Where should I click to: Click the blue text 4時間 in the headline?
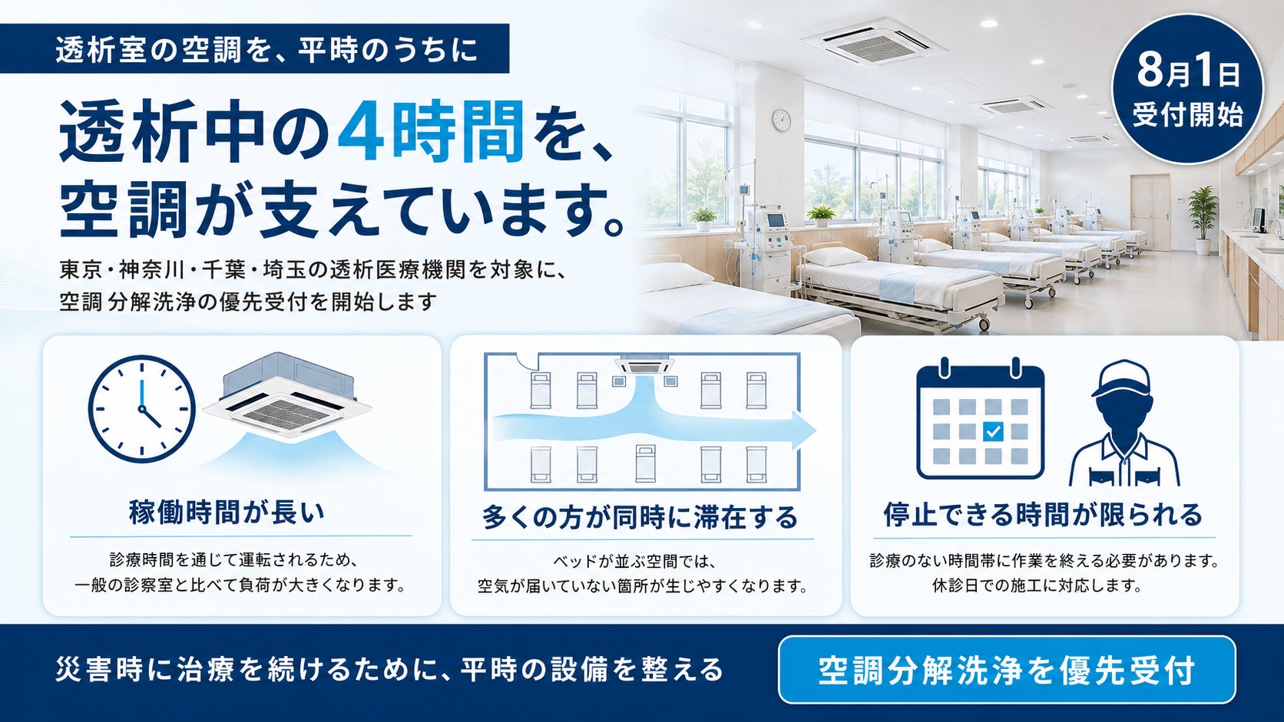tap(431, 131)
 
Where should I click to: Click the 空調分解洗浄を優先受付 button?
tap(1007, 669)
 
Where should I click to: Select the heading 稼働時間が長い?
tap(227, 513)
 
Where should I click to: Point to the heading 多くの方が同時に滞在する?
tap(640, 517)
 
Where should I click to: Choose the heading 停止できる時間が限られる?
tap(1043, 514)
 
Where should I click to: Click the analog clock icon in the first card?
tap(141, 409)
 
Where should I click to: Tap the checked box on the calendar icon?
tap(993, 431)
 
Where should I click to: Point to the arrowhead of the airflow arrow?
tap(803, 429)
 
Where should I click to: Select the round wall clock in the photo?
tap(781, 120)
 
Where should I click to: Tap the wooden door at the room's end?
tap(1150, 213)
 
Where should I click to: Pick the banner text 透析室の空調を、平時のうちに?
tap(266, 50)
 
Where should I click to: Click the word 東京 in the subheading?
tap(80, 269)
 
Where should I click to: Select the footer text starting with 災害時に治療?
tap(389, 669)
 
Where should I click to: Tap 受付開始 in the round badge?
tap(1188, 114)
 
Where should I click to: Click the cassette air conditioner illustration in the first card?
tap(287, 396)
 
